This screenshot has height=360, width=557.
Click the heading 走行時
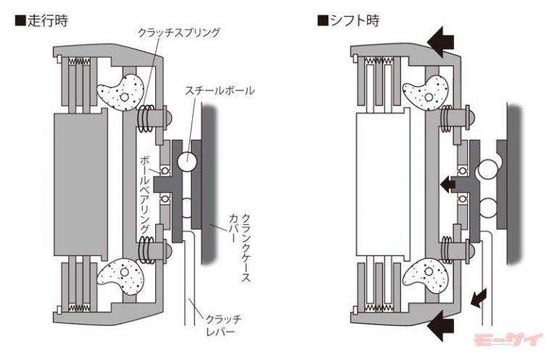point(41,20)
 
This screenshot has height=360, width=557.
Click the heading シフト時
point(348,20)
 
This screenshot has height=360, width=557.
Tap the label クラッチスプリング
point(179,33)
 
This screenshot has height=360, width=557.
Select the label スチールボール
point(220,90)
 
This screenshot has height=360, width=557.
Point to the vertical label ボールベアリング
point(145,194)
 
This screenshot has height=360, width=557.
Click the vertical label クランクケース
point(246,247)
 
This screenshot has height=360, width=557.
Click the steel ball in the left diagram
point(187,161)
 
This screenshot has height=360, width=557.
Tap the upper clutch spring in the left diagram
point(147,119)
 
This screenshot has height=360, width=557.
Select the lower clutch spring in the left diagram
point(147,250)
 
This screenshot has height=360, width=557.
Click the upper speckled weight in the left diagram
point(121,94)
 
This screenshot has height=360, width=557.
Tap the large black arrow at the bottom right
point(441,326)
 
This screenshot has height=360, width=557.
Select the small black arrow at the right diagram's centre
point(448,184)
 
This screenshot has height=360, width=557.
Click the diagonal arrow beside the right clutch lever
point(478,298)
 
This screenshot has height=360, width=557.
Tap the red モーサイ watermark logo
point(508,340)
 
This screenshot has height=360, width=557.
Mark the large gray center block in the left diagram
point(81,185)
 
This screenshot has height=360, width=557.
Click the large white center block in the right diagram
point(384,184)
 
